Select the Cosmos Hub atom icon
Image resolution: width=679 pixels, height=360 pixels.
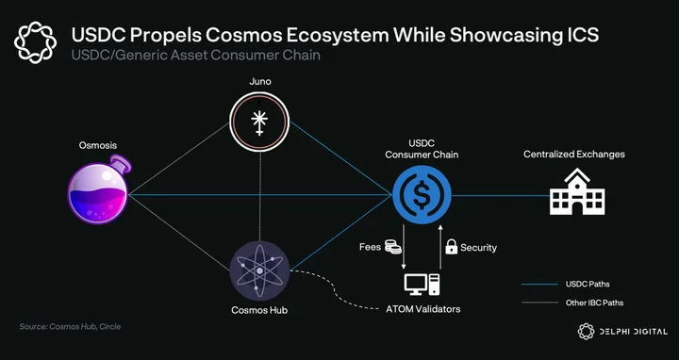[259, 270]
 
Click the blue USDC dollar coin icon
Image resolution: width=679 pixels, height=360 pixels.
[422, 195]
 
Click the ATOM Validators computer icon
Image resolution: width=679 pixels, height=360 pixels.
[422, 285]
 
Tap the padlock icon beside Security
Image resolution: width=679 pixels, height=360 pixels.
[451, 247]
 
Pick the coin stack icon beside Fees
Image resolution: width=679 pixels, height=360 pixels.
[392, 247]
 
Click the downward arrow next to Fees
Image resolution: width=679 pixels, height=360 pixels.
[404, 247]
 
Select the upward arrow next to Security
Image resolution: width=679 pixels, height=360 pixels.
[440, 247]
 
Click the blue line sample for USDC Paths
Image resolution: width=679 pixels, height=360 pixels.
[539, 285]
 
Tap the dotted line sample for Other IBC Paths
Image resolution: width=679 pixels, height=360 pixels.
[539, 303]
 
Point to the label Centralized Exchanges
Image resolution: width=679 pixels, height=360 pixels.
[574, 154]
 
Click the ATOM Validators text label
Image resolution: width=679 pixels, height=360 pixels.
[423, 309]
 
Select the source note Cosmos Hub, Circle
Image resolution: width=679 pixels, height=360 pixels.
[70, 326]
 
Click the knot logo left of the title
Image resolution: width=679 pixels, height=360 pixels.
[36, 42]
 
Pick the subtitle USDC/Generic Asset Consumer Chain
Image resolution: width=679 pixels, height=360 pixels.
[196, 56]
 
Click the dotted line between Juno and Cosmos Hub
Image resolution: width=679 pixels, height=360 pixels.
[259, 196]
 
